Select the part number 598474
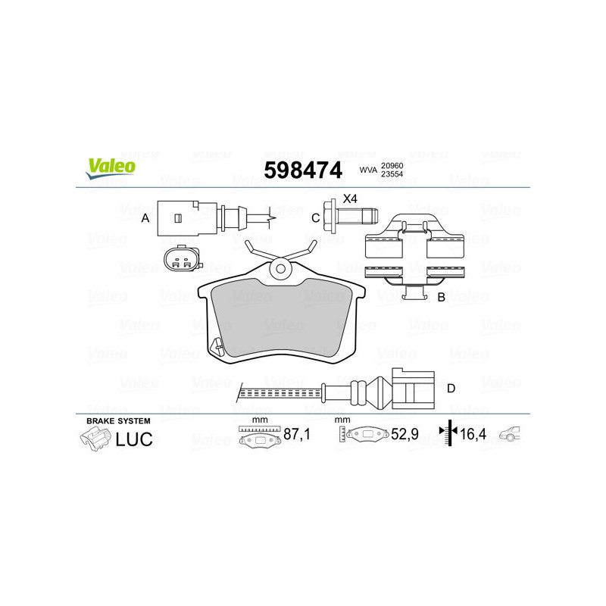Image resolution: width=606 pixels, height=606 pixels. point(302,170)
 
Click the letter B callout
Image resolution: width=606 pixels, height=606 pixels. point(441,298)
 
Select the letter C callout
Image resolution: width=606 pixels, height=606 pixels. point(315,218)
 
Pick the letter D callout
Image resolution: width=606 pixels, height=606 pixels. point(451,389)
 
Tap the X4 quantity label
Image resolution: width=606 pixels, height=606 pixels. point(349,199)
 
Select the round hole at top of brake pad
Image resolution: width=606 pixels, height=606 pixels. point(280,267)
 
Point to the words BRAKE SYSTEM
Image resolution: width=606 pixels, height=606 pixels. point(118,420)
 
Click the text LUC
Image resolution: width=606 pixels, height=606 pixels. point(134,439)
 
